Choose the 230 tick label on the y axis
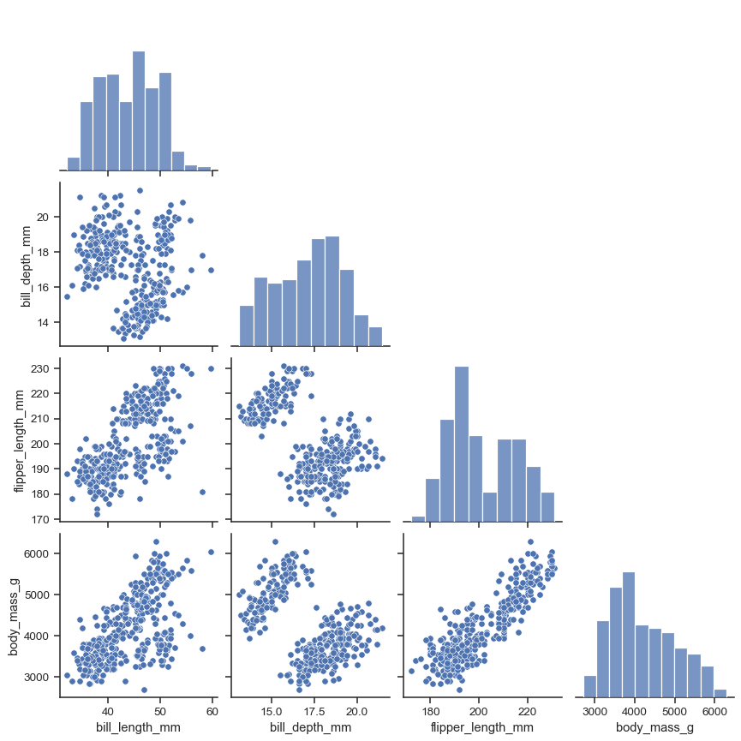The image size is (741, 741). click(40, 368)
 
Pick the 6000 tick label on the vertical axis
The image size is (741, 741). click(37, 553)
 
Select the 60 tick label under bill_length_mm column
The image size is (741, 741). click(212, 710)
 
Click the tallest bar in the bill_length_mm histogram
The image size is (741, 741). click(139, 111)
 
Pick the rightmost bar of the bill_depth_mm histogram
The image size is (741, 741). click(375, 336)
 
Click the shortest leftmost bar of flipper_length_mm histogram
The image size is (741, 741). click(418, 517)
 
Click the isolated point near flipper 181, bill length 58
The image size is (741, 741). click(202, 492)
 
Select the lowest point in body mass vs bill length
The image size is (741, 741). click(144, 690)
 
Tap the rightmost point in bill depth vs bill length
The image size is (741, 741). click(211, 270)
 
